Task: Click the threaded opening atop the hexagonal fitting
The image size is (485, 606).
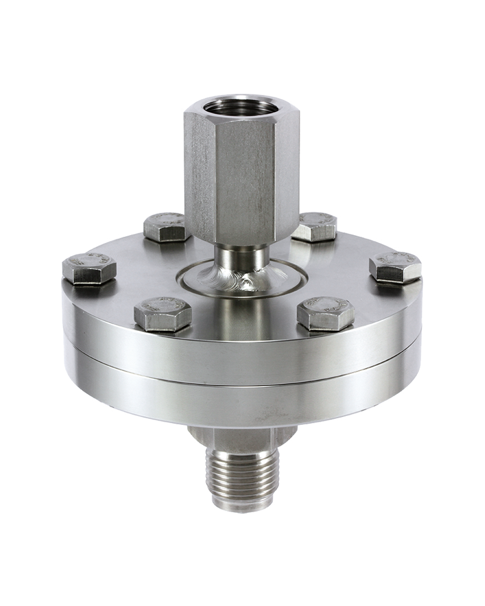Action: [241, 107]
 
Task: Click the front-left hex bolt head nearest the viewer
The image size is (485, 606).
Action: [162, 313]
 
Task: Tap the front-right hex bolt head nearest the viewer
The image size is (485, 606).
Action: [326, 313]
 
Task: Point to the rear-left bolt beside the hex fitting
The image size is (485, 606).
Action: [165, 227]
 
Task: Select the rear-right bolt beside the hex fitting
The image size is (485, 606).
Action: [314, 227]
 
